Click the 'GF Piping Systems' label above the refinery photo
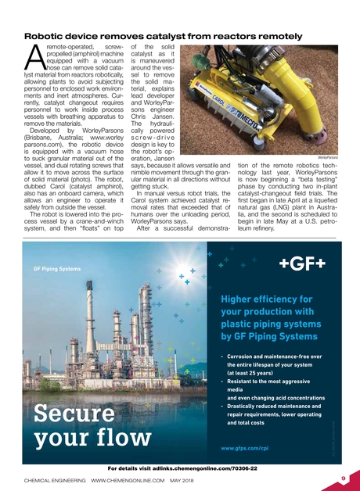57,269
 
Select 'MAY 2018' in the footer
182,480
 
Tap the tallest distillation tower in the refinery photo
89,344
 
